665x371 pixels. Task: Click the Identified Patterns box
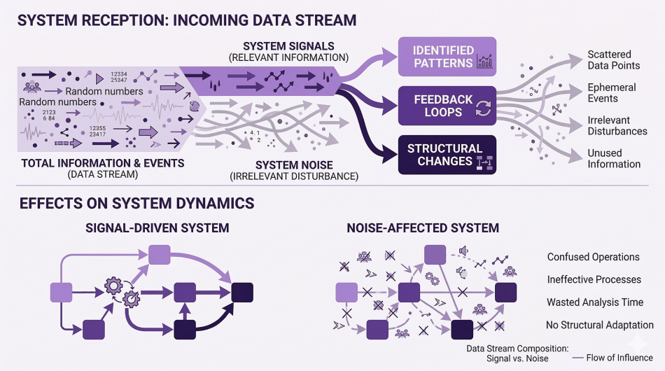(x=447, y=56)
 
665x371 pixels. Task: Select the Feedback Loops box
(x=447, y=105)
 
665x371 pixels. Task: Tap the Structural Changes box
(x=447, y=154)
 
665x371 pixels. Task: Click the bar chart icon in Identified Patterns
(x=484, y=62)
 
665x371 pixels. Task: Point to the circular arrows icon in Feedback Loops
(x=484, y=108)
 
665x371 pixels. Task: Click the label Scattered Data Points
(x=614, y=59)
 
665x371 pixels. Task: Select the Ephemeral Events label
(x=612, y=93)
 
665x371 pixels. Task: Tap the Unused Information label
(x=614, y=158)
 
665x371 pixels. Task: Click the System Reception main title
(x=187, y=20)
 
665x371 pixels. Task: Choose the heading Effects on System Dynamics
(x=136, y=204)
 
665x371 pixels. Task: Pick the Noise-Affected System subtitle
(x=423, y=227)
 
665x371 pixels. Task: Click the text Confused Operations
(x=593, y=257)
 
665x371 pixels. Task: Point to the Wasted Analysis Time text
(x=595, y=302)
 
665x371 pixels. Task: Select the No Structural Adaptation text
(x=600, y=325)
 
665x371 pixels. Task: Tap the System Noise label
(x=294, y=165)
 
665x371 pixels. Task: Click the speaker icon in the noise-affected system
(x=461, y=250)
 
